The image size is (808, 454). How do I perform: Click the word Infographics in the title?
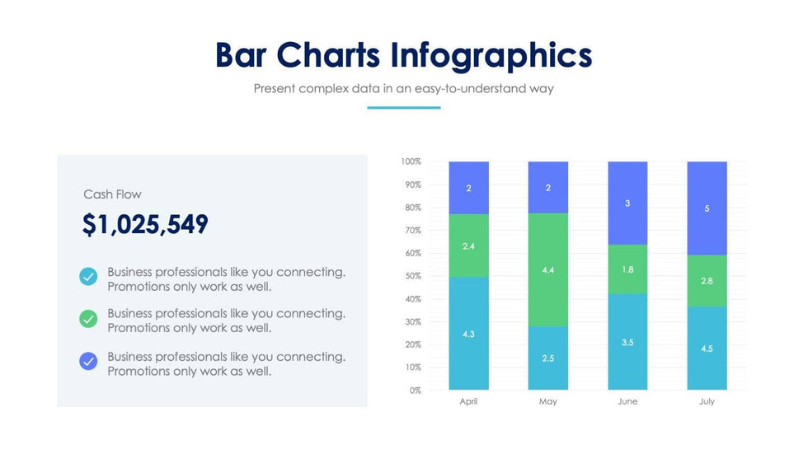(x=491, y=55)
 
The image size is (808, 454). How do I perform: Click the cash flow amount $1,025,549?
(x=145, y=225)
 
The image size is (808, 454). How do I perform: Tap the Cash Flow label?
(x=112, y=194)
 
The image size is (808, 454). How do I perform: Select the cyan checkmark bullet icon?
(x=88, y=277)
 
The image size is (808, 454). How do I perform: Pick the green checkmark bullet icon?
(x=88, y=318)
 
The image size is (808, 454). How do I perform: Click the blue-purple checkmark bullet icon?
(x=88, y=361)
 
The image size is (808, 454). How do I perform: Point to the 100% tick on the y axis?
(x=411, y=161)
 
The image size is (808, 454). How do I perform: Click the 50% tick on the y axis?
(x=412, y=276)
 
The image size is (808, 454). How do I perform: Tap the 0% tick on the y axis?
(x=415, y=390)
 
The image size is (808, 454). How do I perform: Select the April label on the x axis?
(x=468, y=402)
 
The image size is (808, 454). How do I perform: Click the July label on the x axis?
(x=707, y=402)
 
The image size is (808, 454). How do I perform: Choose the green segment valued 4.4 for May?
(x=548, y=269)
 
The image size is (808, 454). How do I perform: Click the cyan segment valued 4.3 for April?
(x=468, y=334)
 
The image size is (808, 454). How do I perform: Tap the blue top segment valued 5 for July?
(x=707, y=208)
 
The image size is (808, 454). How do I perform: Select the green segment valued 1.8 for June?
(x=627, y=269)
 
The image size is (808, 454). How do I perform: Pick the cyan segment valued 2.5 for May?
(x=548, y=358)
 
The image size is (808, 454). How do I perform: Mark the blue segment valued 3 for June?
(x=627, y=203)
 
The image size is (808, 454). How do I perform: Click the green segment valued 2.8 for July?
(x=707, y=281)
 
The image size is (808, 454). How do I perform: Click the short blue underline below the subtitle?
(x=403, y=107)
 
